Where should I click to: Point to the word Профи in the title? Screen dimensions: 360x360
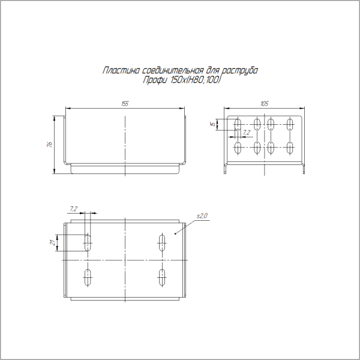[154, 80]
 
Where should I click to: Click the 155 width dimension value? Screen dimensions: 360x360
[125, 103]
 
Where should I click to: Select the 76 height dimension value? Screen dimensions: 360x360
[50, 144]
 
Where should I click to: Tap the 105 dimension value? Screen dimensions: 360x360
[264, 103]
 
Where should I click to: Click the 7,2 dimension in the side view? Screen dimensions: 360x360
[246, 133]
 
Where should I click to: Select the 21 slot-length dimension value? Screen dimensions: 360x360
[53, 242]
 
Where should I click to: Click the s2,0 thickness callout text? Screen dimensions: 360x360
[202, 215]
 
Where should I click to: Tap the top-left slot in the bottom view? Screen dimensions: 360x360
[88, 242]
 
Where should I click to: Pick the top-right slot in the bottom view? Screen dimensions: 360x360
[162, 242]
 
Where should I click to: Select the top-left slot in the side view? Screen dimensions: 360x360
[238, 125]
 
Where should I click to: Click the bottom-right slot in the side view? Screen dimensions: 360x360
[290, 147]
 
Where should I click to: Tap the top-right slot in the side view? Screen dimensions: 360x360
[290, 125]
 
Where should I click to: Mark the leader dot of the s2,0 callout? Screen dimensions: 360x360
[175, 233]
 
